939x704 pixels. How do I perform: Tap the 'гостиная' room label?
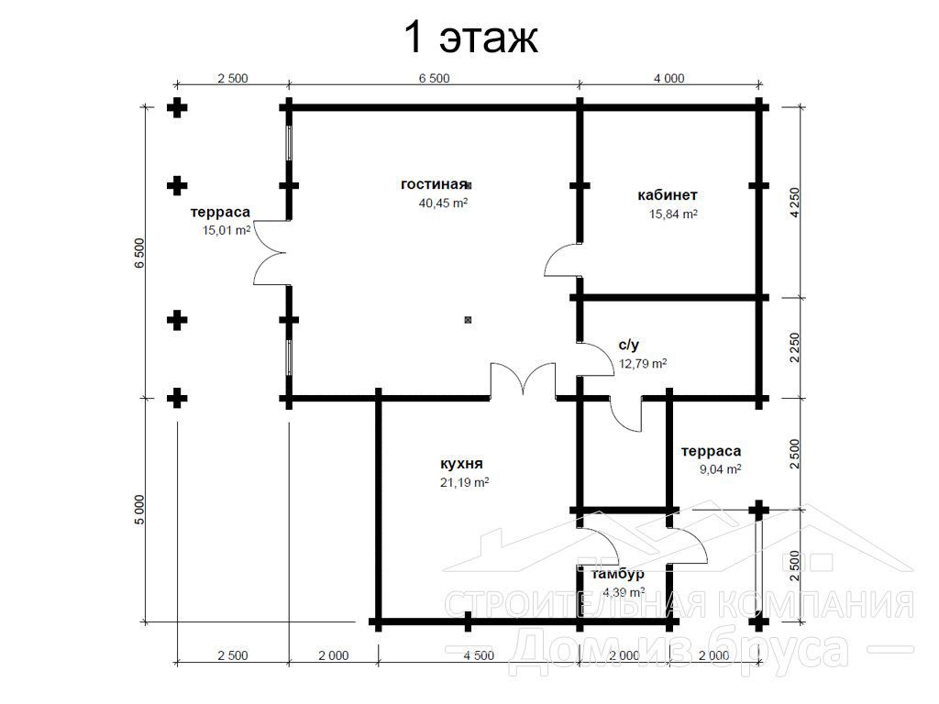(x=434, y=183)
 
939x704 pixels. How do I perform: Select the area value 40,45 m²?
(x=443, y=203)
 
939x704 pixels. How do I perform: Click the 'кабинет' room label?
(x=668, y=194)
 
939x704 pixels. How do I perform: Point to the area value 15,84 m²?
(x=673, y=214)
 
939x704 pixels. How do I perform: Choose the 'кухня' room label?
(x=461, y=463)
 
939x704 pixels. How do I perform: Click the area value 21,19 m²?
(x=464, y=482)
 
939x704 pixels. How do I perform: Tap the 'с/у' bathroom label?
(x=629, y=345)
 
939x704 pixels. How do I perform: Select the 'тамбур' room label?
(x=618, y=574)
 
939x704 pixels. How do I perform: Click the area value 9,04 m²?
(x=721, y=469)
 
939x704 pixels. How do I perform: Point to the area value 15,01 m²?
(x=226, y=230)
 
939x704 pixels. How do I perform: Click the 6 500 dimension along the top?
(x=434, y=79)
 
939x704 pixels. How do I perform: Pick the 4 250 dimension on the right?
(x=795, y=203)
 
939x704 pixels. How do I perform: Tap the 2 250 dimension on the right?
(x=795, y=347)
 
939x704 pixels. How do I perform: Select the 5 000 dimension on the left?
(x=139, y=510)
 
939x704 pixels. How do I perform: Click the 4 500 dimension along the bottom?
(x=479, y=655)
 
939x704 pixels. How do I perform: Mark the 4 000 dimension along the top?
(x=668, y=79)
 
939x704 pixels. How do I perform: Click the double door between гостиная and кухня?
(x=524, y=379)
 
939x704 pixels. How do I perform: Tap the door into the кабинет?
(x=562, y=260)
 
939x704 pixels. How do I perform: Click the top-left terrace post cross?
(x=177, y=108)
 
